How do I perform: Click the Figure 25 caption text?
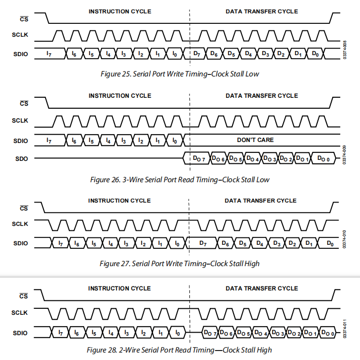180,74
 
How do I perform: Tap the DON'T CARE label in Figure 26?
255,140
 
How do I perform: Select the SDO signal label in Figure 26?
21,159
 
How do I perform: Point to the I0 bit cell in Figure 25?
175,54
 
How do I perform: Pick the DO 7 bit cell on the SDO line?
197,158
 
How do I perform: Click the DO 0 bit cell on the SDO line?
323,158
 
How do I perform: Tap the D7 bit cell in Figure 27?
202,243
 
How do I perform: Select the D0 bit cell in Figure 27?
328,243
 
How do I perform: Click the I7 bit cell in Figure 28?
60,332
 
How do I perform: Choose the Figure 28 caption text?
180,350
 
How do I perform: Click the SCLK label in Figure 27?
20,224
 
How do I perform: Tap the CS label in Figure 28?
23,296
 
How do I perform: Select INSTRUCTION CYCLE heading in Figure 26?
120,96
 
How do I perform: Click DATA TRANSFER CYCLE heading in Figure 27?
261,201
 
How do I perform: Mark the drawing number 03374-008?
345,50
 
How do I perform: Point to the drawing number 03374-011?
345,329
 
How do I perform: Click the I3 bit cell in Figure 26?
124,140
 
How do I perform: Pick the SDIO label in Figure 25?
20,54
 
